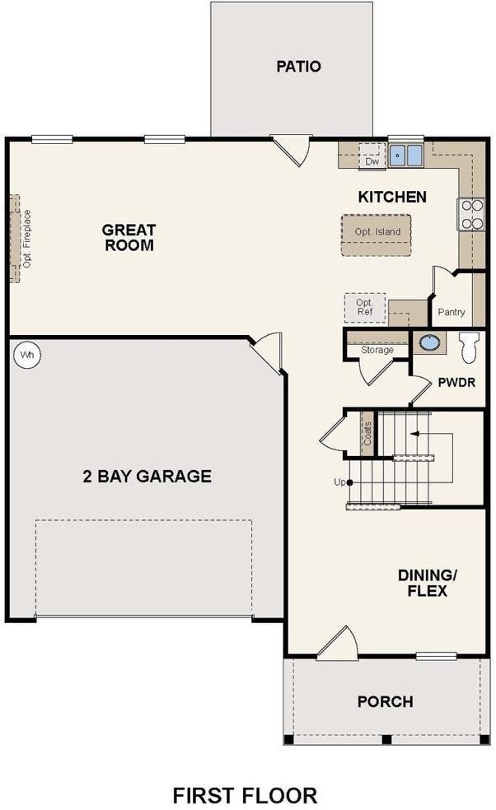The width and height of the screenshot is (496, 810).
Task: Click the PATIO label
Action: coord(298,67)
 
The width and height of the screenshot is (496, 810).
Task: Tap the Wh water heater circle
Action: coord(27,356)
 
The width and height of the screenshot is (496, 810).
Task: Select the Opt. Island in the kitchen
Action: coord(377,235)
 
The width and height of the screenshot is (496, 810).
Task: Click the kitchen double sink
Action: coord(406,155)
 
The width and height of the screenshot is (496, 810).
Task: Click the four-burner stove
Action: coord(471,214)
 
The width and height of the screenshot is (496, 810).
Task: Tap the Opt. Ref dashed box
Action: coord(365,309)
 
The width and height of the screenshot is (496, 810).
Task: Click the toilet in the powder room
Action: coord(470,347)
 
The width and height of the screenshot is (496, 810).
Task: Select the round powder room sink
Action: coord(430,342)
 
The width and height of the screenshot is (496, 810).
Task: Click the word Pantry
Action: coord(451,312)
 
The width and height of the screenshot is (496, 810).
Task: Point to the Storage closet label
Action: coord(377,350)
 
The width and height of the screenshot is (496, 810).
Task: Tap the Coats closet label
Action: coord(367,434)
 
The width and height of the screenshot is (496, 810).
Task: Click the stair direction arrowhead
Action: coord(414,434)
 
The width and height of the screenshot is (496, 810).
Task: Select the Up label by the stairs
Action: coord(339,482)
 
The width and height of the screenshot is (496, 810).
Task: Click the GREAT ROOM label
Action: coord(129,238)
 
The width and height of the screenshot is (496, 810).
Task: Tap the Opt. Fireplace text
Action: coord(27,239)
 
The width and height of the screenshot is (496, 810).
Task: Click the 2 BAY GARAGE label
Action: coord(147,476)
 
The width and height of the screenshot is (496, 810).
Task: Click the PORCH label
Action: coord(386,701)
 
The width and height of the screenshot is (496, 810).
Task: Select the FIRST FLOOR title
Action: coord(245,795)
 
